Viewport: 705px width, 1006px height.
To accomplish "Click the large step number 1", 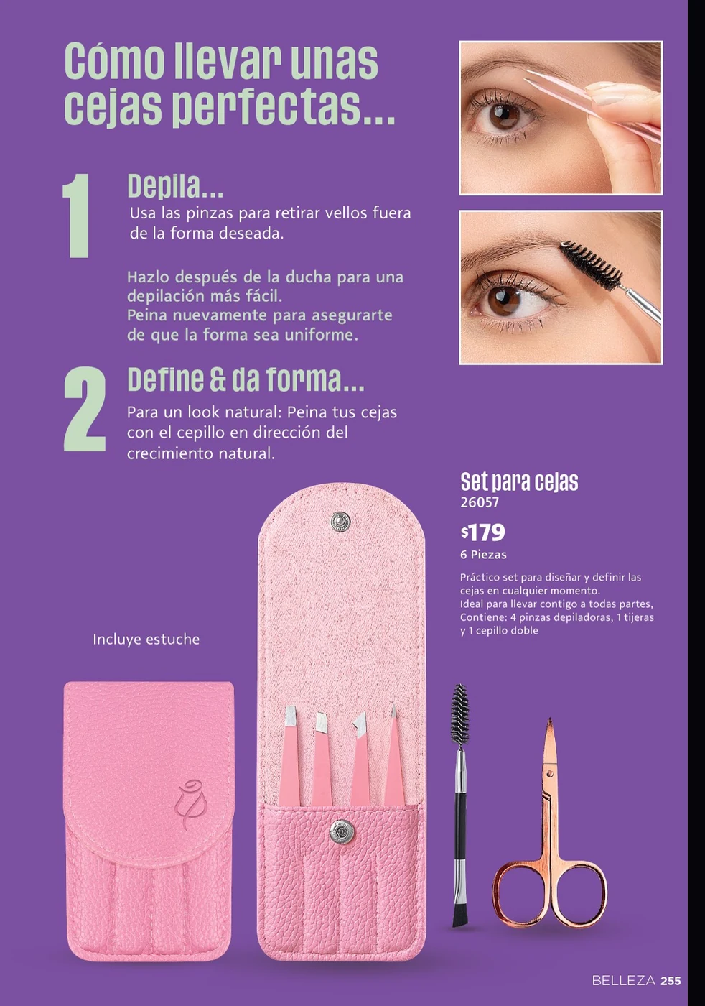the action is point(76,216).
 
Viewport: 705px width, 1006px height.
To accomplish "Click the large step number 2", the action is point(85,409).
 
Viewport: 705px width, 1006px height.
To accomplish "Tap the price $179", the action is point(482,532).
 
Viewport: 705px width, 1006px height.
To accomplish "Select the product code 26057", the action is point(480,502).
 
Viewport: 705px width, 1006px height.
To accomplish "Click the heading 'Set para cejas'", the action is point(519,481).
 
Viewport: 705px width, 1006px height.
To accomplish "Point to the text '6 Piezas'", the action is point(483,555).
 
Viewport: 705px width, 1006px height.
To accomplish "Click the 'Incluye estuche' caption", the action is point(146,640).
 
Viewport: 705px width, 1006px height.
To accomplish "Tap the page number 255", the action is point(671,981).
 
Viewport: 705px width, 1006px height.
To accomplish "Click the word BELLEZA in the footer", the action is point(624,981).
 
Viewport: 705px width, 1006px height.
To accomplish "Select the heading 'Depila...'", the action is point(175,185).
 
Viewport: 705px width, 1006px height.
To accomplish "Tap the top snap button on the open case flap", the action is point(341,521).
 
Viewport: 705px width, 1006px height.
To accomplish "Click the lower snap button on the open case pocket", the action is point(342,831).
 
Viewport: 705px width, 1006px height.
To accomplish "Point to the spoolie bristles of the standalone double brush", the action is point(459,715).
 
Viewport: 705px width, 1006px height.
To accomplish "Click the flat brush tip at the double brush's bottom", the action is point(459,915).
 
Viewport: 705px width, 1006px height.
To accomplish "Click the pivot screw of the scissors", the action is point(550,774).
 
